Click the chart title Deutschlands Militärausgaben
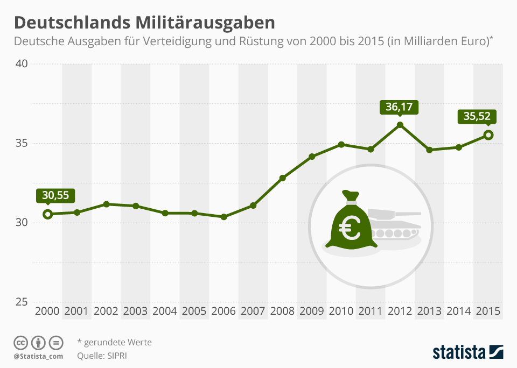click(x=144, y=23)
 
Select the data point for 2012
click(x=400, y=125)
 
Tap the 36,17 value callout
click(x=399, y=107)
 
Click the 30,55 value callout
click(x=55, y=195)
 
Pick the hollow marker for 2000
click(x=48, y=214)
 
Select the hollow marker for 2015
click(x=488, y=135)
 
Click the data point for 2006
click(x=224, y=217)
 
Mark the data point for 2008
click(x=283, y=178)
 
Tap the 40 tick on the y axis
click(x=22, y=64)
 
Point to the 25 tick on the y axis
click(x=22, y=302)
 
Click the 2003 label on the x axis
click(x=136, y=311)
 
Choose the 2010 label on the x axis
click(x=341, y=311)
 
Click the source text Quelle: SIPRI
click(x=102, y=355)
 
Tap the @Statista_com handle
click(x=38, y=356)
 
